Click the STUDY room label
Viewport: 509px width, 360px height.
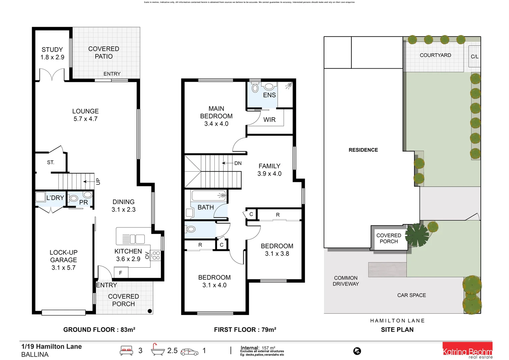click(x=52, y=50)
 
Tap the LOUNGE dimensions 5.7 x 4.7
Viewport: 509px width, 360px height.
click(x=85, y=119)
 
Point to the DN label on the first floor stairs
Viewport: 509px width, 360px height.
click(x=238, y=163)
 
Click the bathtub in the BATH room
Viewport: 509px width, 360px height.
click(x=209, y=196)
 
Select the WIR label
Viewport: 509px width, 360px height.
click(x=269, y=120)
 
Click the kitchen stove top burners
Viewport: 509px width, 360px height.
click(x=156, y=256)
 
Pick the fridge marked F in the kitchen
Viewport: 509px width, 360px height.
click(x=121, y=273)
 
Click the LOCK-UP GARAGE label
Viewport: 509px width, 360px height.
click(x=63, y=260)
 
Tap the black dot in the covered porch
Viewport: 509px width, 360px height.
click(x=150, y=311)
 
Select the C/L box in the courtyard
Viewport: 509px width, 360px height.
click(x=474, y=56)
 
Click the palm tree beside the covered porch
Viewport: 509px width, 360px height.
click(x=417, y=235)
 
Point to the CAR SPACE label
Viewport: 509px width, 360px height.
click(x=411, y=295)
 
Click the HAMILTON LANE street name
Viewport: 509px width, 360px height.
click(x=397, y=321)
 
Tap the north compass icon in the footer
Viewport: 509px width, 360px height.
click(x=357, y=351)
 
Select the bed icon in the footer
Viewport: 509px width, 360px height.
click(x=126, y=351)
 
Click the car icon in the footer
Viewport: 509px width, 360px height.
click(x=189, y=352)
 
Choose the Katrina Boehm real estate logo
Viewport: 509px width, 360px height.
click(x=467, y=351)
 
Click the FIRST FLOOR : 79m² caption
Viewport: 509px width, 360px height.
click(x=245, y=330)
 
